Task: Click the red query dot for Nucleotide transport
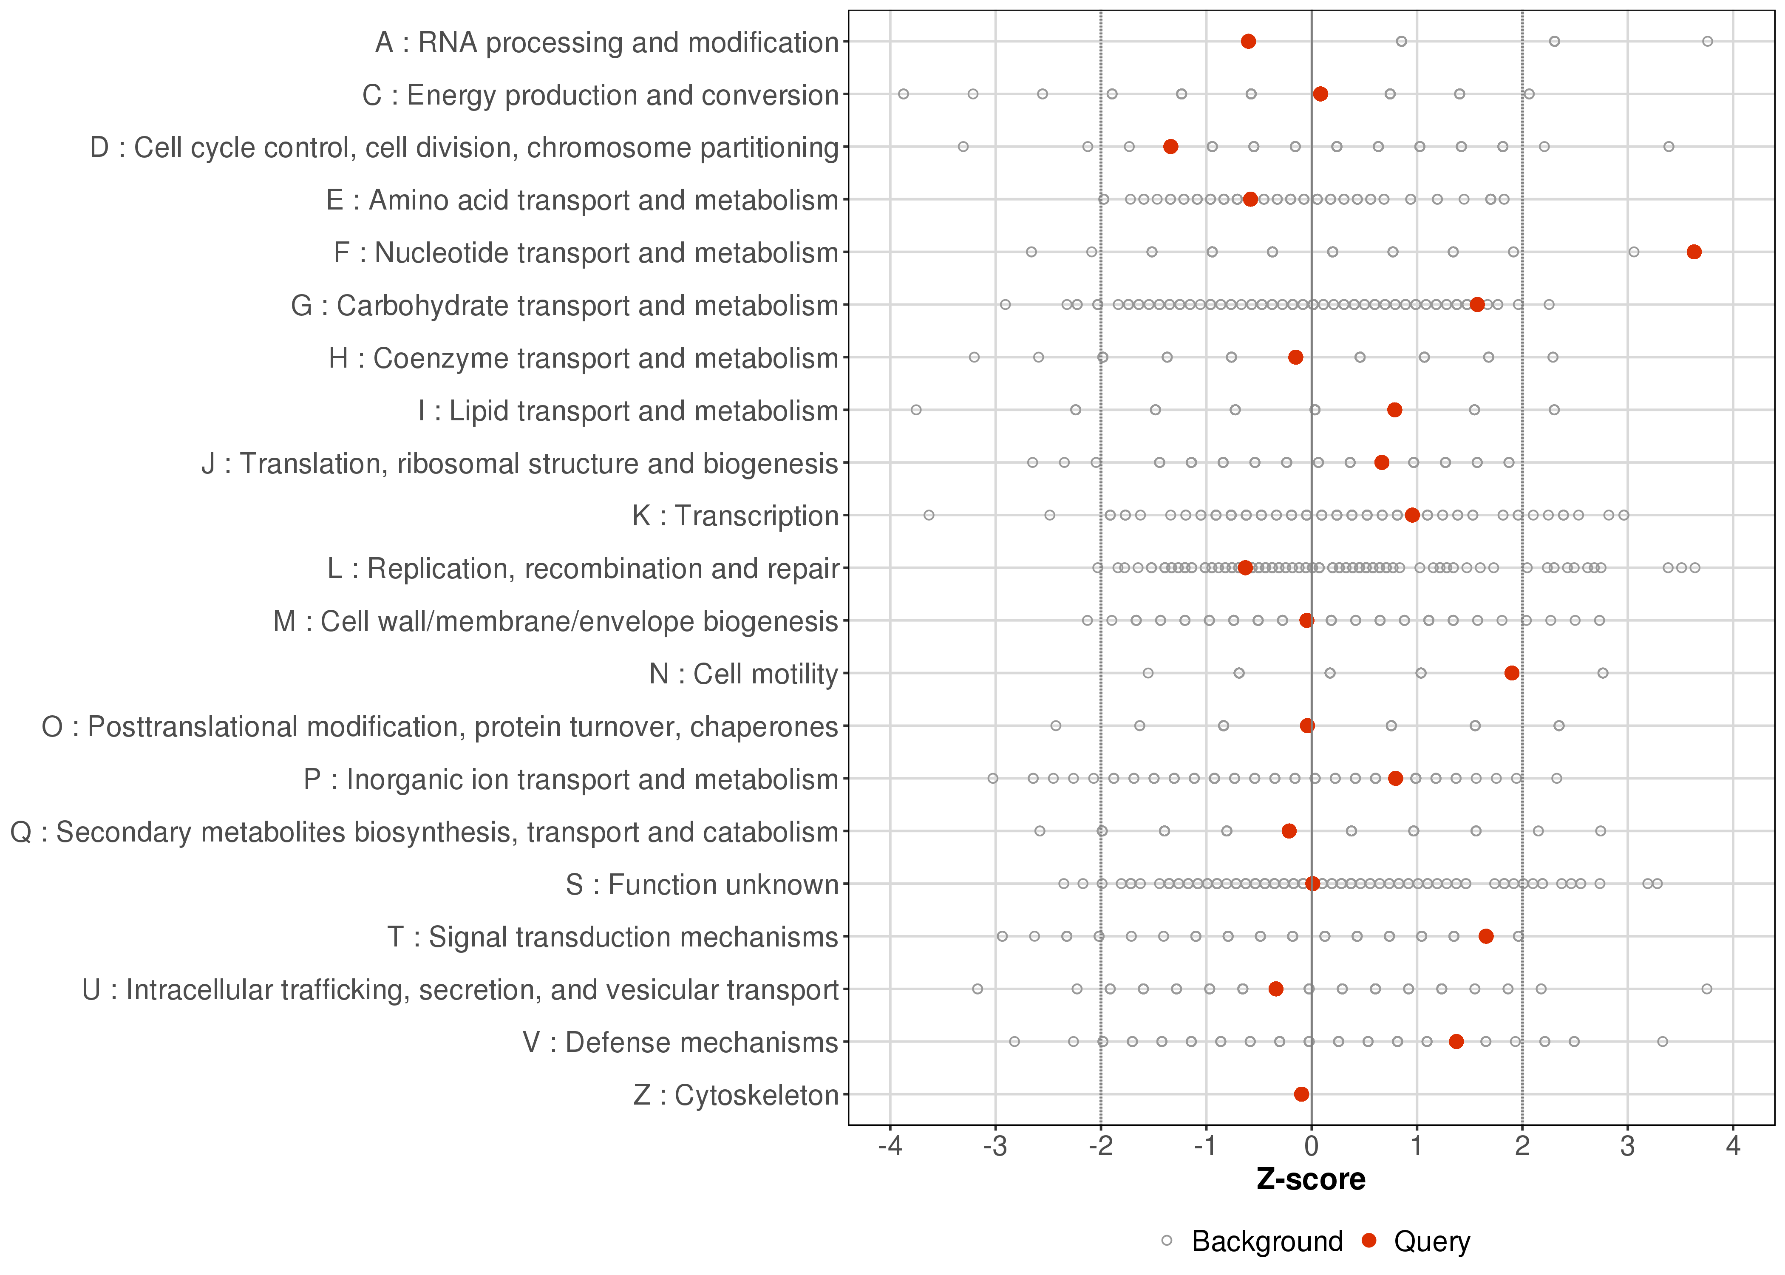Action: pos(1694,252)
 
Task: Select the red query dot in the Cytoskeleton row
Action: pos(1301,1094)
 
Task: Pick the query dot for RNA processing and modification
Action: pos(1248,42)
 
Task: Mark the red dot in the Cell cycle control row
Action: pos(1170,147)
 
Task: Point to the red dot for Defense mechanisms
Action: pos(1456,1042)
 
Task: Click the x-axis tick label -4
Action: pos(890,1147)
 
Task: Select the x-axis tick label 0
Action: pos(1312,1147)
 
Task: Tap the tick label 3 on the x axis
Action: pos(1628,1147)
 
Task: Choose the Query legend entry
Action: pos(1431,1241)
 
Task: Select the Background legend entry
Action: pos(1266,1241)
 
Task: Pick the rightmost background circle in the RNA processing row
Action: pos(1707,42)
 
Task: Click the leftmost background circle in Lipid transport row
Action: pos(916,410)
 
